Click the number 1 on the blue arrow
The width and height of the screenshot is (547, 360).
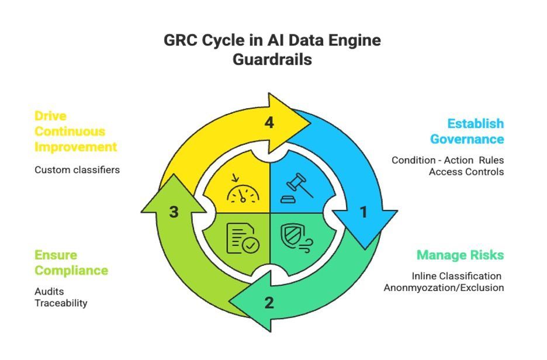363,212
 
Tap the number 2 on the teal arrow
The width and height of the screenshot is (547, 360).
269,303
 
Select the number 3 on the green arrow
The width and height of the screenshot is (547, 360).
174,212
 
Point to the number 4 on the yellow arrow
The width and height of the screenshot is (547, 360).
269,123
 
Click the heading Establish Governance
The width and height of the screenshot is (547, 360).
466,131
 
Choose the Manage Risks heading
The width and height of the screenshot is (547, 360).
460,255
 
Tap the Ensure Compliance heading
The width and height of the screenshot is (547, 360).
71,262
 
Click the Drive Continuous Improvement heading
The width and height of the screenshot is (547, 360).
75,131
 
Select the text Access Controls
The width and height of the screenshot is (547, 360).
466,172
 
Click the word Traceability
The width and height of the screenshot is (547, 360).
61,303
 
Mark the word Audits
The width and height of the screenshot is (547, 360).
49,291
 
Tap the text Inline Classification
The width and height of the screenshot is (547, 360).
456,276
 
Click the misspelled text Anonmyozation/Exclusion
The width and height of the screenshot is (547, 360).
444,288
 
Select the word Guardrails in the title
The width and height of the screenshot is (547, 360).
272,60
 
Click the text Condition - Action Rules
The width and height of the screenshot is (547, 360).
448,160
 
